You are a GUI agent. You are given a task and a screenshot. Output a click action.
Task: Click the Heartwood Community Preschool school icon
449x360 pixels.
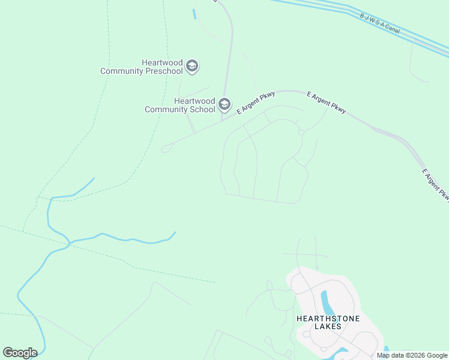click(192, 66)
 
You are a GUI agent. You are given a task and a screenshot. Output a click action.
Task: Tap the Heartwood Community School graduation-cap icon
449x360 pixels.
click(224, 105)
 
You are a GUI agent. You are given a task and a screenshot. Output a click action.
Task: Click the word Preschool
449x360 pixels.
click(163, 71)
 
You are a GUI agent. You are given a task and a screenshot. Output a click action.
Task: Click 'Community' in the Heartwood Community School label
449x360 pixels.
click(165, 110)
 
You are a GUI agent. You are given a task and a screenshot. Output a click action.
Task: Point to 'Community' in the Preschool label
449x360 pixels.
click(121, 71)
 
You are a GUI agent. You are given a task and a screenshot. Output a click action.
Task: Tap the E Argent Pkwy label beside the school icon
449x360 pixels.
click(256, 102)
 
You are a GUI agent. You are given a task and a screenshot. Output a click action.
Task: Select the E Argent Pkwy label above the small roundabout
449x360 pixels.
click(327, 102)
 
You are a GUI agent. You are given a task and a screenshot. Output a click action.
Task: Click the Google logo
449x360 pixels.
click(20, 353)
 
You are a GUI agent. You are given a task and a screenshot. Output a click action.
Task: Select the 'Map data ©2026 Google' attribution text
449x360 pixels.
click(412, 355)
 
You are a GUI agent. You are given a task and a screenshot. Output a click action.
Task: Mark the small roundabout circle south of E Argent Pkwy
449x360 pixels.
click(301, 133)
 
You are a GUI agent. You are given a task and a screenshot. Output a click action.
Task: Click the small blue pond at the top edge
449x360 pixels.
click(194, 14)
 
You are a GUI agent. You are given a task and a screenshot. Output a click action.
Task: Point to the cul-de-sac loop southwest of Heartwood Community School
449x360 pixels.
click(165, 149)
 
